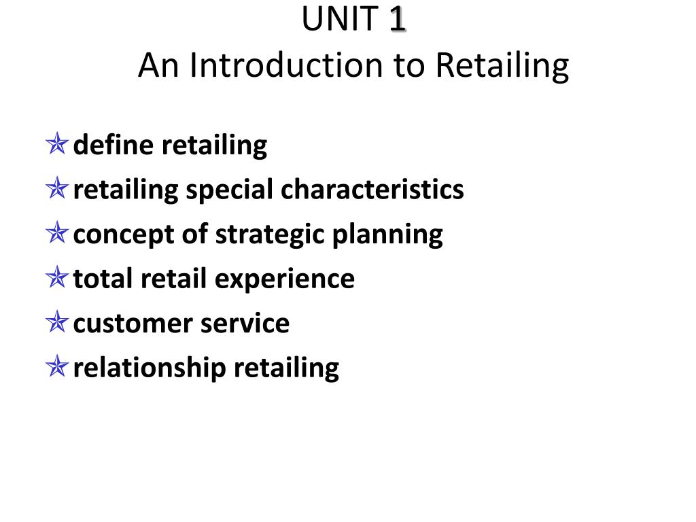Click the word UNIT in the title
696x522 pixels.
pyautogui.click(x=339, y=20)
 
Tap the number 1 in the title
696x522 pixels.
pyautogui.click(x=398, y=20)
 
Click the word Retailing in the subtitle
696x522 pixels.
pyautogui.click(x=502, y=66)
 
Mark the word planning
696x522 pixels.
pyautogui.click(x=387, y=234)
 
